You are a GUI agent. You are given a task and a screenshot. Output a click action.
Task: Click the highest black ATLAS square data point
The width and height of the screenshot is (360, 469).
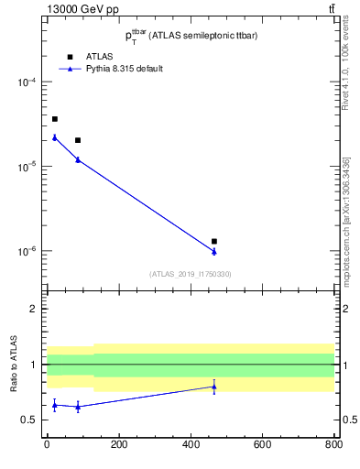tap(54, 119)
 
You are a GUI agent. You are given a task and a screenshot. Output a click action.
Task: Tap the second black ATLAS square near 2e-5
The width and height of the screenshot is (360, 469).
tap(78, 140)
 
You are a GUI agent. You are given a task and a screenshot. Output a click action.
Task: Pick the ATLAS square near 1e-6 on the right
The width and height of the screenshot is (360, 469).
tap(213, 241)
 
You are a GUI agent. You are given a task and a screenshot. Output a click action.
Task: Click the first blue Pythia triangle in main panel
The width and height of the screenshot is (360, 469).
tap(54, 137)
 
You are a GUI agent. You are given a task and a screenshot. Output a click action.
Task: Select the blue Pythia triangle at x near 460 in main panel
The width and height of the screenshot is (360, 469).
tap(213, 251)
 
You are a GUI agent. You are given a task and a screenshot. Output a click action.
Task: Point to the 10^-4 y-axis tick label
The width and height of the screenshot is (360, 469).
tap(27, 82)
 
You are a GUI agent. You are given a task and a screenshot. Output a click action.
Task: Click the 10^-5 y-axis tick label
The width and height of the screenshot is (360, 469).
tap(27, 167)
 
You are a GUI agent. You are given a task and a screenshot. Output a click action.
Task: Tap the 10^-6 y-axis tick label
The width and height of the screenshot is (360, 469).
tap(27, 251)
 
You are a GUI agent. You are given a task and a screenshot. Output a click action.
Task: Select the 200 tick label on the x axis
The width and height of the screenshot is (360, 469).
tap(118, 445)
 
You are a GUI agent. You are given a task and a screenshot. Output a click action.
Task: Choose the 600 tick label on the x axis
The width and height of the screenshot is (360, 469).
tap(262, 445)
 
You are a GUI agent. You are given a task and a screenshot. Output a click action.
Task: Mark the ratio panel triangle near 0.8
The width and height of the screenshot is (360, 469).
tap(213, 387)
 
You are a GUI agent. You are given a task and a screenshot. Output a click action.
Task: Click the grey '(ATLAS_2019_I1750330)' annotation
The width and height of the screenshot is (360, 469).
tap(190, 274)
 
